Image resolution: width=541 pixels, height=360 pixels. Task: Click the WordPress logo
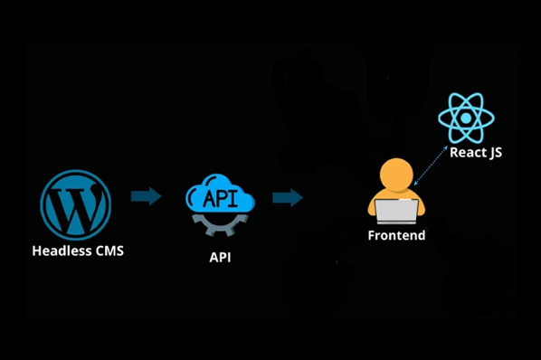point(76,204)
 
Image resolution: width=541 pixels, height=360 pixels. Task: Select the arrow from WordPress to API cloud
point(146,196)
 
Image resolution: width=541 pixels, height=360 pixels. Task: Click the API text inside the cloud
point(221,197)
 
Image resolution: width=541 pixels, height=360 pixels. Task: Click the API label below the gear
point(221,257)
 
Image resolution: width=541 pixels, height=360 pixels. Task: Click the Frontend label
point(396,236)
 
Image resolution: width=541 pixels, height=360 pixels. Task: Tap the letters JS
point(492,153)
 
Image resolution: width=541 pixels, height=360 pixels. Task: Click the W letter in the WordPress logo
point(76,205)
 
